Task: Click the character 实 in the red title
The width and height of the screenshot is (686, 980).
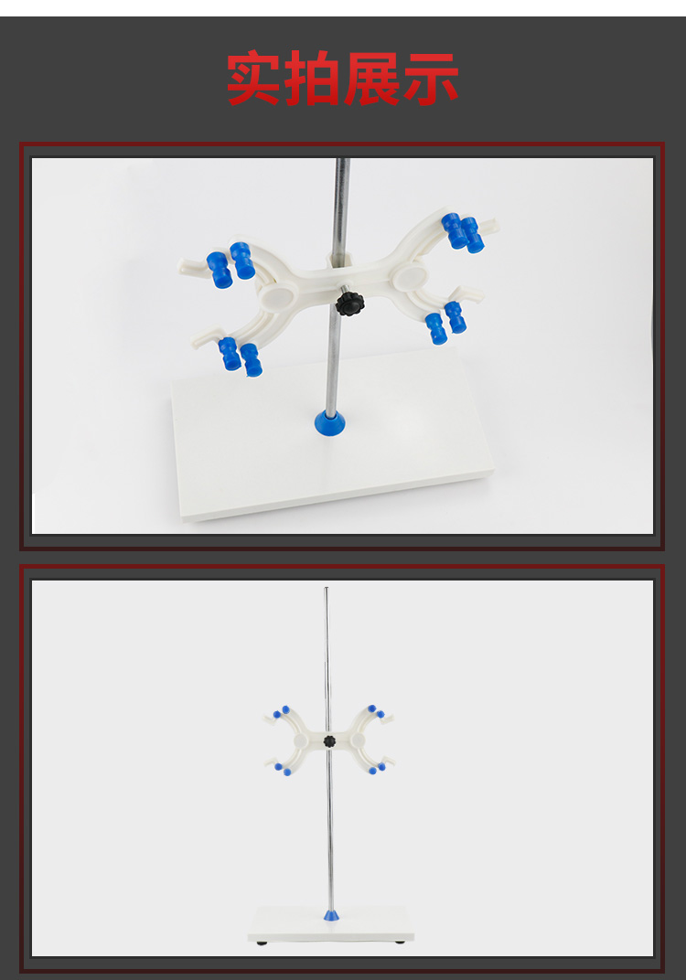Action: (x=252, y=78)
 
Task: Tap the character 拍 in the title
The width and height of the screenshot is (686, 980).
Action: (x=311, y=78)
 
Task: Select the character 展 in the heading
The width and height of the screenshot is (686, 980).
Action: (x=371, y=78)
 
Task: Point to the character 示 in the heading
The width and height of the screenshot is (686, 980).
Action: (x=431, y=78)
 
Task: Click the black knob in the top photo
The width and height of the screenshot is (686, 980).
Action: (x=349, y=303)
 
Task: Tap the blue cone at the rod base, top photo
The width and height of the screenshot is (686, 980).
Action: (x=329, y=422)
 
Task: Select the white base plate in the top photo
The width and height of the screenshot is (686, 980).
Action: (x=331, y=434)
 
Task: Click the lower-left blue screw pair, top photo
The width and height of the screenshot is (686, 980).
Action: (x=241, y=357)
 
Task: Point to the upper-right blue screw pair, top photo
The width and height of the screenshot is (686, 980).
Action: (x=463, y=233)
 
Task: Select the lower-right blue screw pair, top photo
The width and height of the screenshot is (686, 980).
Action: (x=445, y=322)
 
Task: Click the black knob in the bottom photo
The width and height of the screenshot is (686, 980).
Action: (x=329, y=741)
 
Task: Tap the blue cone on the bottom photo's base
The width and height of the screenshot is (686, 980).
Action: (x=331, y=916)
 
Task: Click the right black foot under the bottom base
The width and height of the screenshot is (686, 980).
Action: (x=400, y=942)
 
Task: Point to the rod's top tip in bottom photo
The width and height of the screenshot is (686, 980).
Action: (x=326, y=588)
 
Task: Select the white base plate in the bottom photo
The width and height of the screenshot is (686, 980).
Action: (x=331, y=923)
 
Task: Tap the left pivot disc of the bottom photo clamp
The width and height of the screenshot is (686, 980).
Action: (x=301, y=740)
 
